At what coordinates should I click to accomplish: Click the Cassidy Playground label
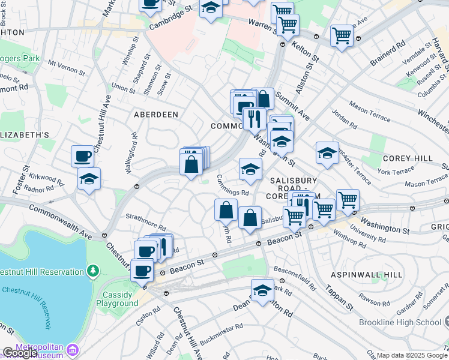[x=120, y=298]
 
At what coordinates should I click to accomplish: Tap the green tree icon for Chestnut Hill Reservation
[x=92, y=272]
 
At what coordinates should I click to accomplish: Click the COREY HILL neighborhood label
[x=406, y=158]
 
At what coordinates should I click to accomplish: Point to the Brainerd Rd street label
[x=388, y=50]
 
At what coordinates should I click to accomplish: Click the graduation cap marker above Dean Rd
[x=262, y=291]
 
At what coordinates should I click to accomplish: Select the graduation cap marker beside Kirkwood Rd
[x=89, y=179]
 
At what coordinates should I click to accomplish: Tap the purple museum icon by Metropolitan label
[x=73, y=349]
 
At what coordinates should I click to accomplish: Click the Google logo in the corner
[x=20, y=353]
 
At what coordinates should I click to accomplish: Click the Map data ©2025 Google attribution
[x=412, y=355]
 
